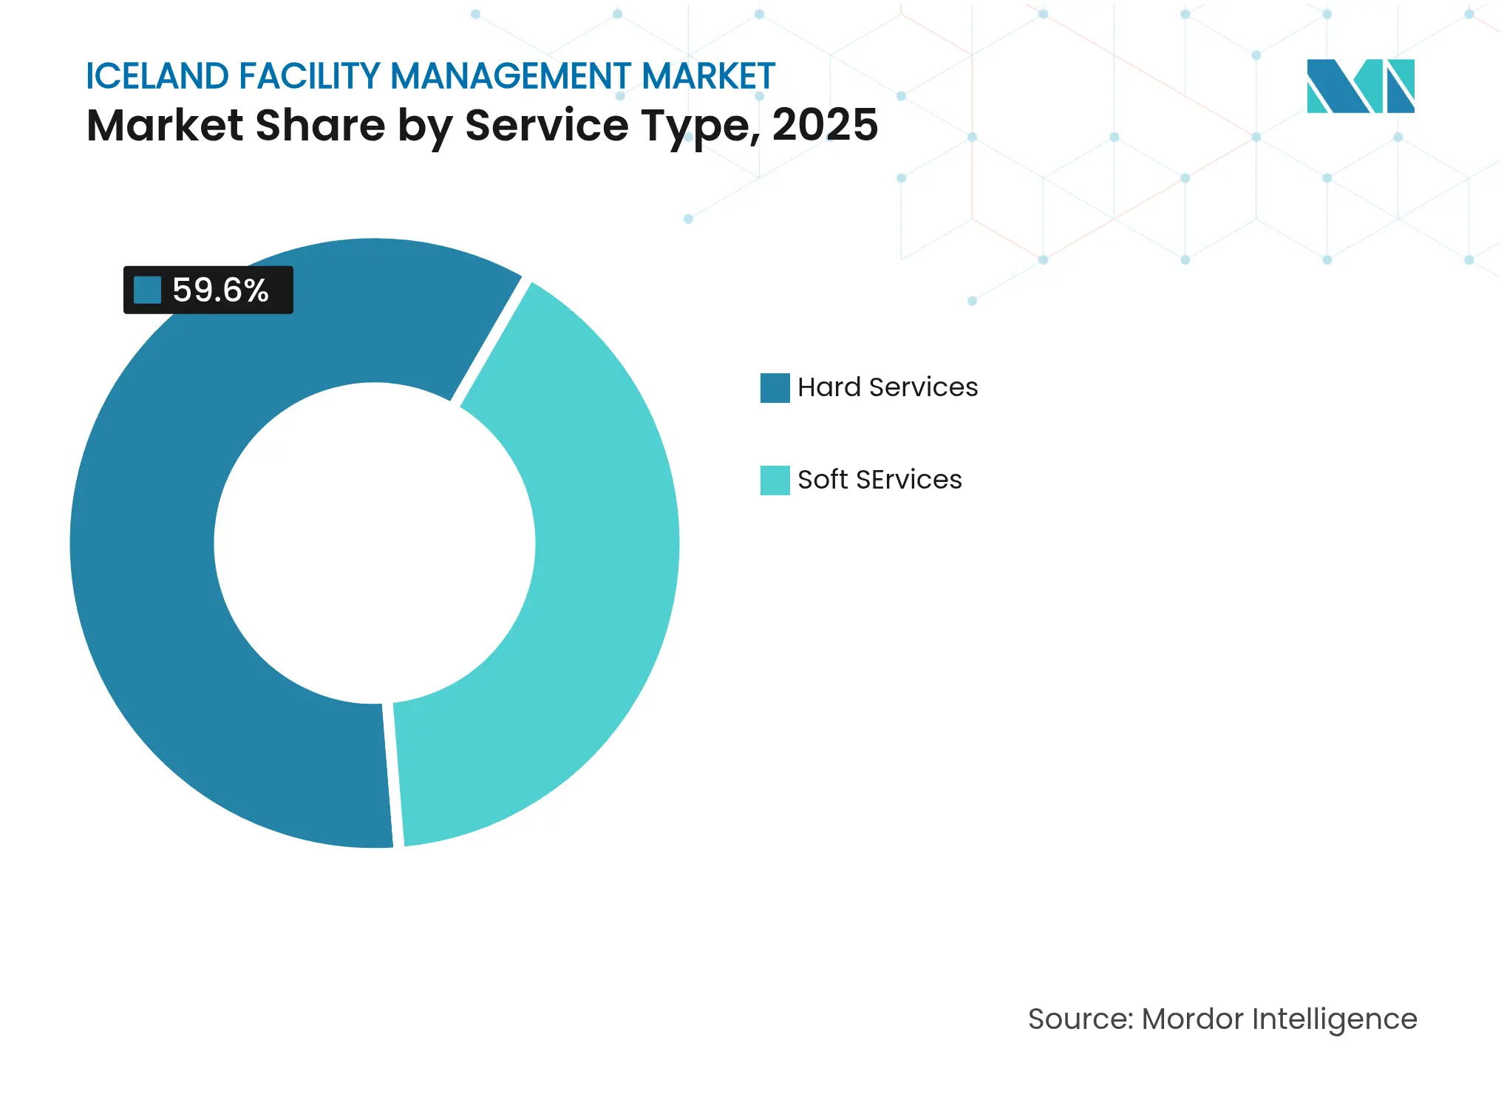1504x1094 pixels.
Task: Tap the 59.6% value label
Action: click(x=220, y=290)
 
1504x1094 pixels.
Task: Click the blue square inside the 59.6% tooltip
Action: click(x=147, y=290)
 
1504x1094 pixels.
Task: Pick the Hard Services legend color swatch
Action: click(x=775, y=387)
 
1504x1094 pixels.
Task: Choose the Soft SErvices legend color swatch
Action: click(x=775, y=480)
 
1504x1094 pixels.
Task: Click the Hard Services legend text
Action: click(x=887, y=387)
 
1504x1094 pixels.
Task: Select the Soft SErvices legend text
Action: click(x=879, y=480)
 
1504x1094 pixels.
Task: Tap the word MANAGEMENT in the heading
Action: click(x=511, y=76)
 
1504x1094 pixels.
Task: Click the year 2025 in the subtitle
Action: click(x=825, y=125)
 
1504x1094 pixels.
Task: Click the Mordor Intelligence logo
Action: click(x=1360, y=86)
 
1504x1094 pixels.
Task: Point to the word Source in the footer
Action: click(x=1079, y=1019)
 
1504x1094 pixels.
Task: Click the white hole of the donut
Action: click(x=374, y=543)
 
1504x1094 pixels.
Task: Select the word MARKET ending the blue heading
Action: click(x=708, y=76)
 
